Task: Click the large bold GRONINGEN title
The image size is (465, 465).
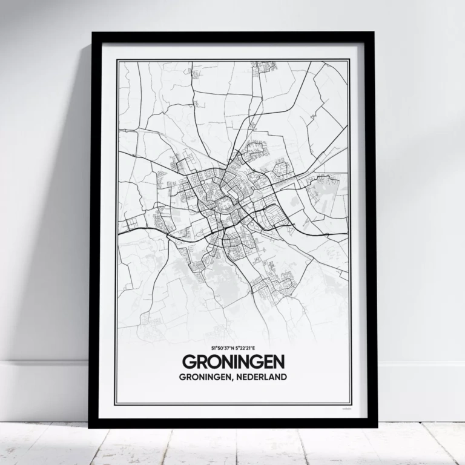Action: coord(232,361)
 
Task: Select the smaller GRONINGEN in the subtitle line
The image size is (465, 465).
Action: coord(202,377)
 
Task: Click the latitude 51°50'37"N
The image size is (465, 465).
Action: coord(221,349)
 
